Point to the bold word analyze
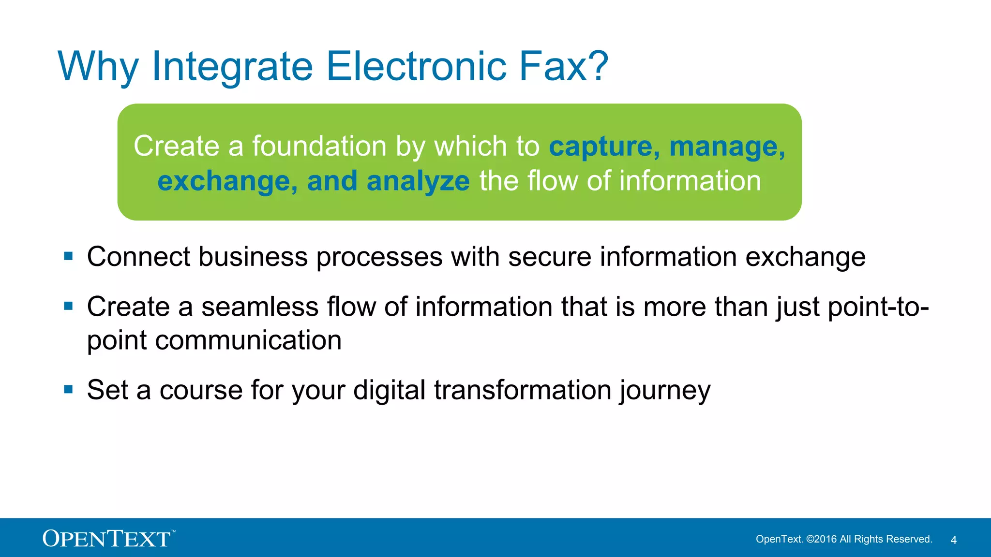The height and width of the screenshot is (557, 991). pyautogui.click(x=418, y=181)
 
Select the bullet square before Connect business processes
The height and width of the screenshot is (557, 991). pyautogui.click(x=68, y=256)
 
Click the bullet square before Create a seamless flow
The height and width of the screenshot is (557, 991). pyautogui.click(x=68, y=306)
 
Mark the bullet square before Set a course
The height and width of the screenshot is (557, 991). pyautogui.click(x=68, y=389)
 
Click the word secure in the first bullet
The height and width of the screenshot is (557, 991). pyautogui.click(x=550, y=257)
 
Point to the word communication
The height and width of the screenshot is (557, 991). pyautogui.click(x=248, y=340)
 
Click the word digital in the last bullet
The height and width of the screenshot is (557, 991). pyautogui.click(x=389, y=390)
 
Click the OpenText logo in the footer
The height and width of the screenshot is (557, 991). pyautogui.click(x=107, y=538)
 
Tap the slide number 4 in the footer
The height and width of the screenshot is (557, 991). pyautogui.click(x=953, y=540)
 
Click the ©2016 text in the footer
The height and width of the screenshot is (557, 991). pyautogui.click(x=821, y=539)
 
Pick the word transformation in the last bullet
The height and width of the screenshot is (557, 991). pyautogui.click(x=523, y=390)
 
